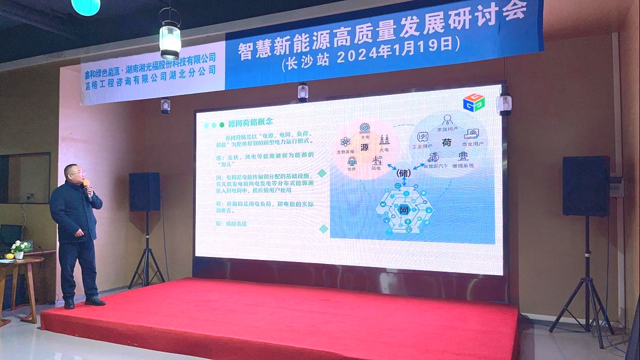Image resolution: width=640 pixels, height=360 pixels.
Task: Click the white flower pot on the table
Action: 19,255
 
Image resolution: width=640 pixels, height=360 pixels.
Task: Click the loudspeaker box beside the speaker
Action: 144,192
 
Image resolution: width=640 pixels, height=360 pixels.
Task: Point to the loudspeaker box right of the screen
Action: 586,186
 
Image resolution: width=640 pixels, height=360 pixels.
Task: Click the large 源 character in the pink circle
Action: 365,147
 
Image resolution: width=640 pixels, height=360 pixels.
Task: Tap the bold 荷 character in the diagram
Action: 446,143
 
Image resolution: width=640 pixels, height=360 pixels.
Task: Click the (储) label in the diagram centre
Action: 404,173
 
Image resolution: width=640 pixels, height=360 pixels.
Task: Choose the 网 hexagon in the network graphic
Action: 404,210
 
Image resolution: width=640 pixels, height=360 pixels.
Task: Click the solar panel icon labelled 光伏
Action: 351,162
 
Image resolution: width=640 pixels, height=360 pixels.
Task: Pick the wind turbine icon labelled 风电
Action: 377,161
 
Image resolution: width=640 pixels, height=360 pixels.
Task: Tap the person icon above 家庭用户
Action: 447,120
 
